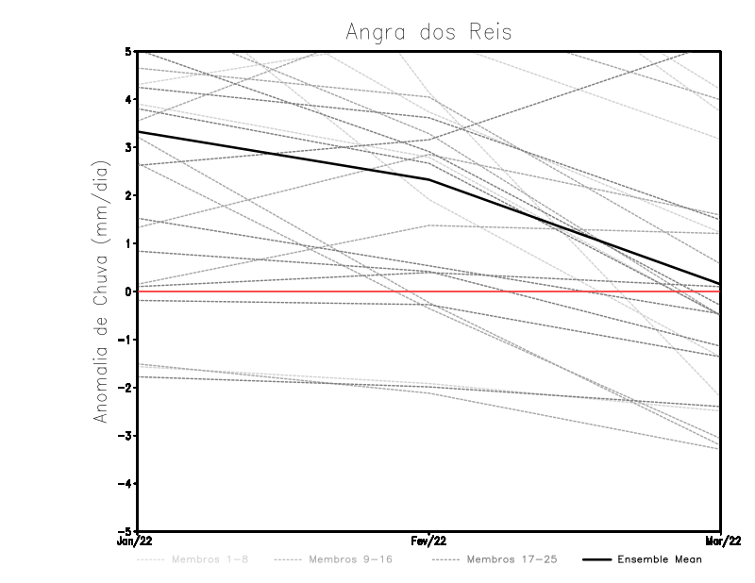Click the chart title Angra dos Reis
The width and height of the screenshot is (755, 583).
pyautogui.click(x=428, y=32)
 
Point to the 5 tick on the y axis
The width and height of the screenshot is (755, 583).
pyautogui.click(x=128, y=51)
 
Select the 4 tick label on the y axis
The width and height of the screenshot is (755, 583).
pyautogui.click(x=128, y=99)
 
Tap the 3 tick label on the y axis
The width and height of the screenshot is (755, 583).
pyautogui.click(x=128, y=147)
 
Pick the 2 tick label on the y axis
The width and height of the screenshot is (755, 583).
pyautogui.click(x=128, y=195)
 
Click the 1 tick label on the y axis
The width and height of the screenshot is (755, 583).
pyautogui.click(x=128, y=243)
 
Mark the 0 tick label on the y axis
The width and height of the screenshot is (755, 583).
pyautogui.click(x=128, y=291)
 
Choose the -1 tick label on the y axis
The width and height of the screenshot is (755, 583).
pyautogui.click(x=126, y=340)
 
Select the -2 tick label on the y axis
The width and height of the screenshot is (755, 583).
pyautogui.click(x=126, y=388)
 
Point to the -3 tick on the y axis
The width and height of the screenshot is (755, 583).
pyautogui.click(x=126, y=436)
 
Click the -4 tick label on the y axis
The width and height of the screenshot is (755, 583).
pyautogui.click(x=126, y=484)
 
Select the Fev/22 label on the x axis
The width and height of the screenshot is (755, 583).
pyautogui.click(x=429, y=541)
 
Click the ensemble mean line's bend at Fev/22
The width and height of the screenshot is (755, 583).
pyautogui.click(x=429, y=179)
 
